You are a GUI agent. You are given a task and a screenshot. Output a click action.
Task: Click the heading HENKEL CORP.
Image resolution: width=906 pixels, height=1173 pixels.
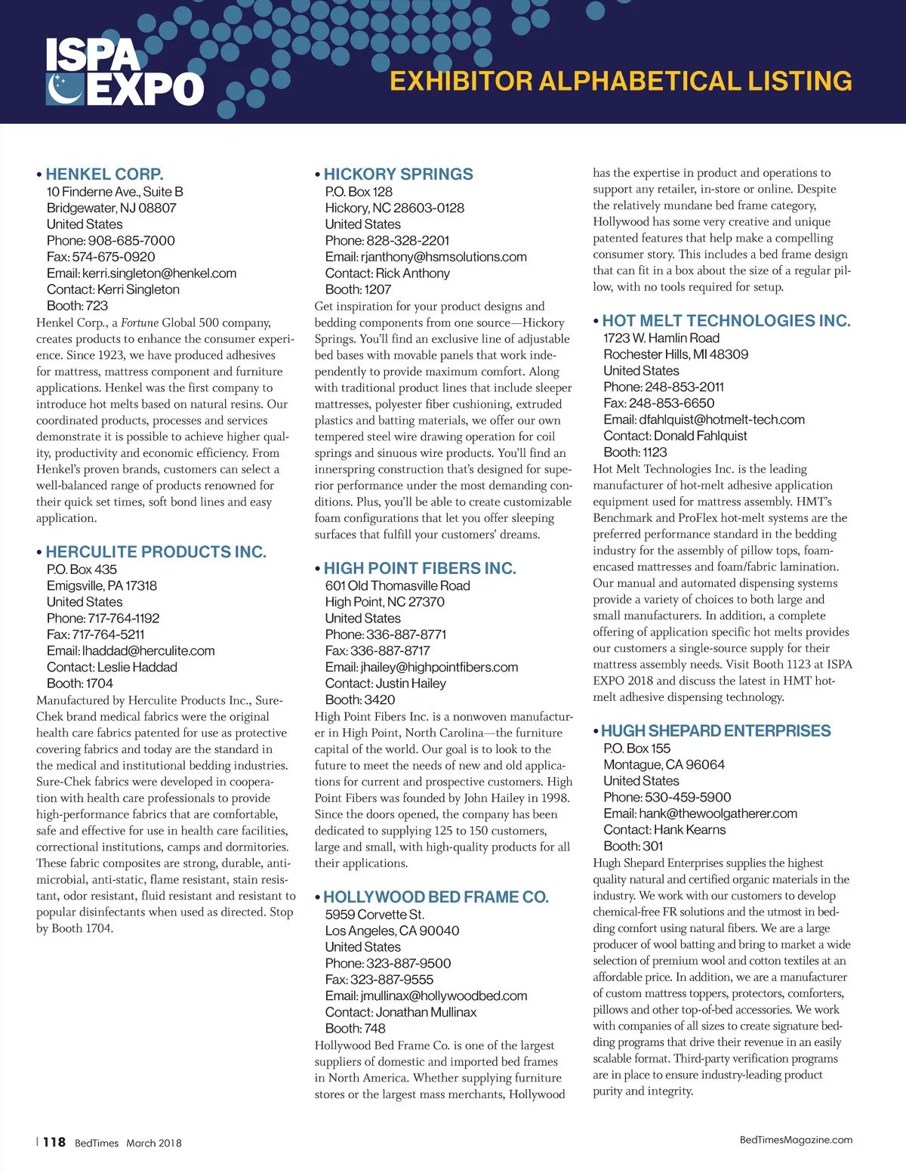[104, 174]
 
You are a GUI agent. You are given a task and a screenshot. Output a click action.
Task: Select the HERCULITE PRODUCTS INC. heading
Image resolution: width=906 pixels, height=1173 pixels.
[156, 552]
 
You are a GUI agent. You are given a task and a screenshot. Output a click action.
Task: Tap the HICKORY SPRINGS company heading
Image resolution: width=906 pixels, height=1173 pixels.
[398, 174]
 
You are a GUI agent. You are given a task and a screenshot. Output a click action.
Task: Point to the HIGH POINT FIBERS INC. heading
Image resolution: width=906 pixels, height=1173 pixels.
[420, 569]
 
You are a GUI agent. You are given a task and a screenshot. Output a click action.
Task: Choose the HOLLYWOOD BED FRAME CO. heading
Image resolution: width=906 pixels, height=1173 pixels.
[436, 897]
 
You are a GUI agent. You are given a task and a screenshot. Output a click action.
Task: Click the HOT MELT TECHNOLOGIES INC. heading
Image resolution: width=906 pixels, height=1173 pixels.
[726, 321]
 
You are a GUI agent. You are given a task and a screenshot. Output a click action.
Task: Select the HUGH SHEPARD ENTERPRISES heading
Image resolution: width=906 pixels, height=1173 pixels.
[716, 731]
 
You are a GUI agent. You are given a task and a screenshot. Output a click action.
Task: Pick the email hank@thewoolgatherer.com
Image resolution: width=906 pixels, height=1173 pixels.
[717, 813]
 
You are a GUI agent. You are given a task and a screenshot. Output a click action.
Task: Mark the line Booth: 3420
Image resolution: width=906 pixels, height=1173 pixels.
[360, 700]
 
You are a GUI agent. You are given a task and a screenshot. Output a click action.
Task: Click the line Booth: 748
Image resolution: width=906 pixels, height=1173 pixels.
[355, 1029]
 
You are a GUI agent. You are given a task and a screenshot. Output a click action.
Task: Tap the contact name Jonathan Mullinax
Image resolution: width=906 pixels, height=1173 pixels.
[426, 1012]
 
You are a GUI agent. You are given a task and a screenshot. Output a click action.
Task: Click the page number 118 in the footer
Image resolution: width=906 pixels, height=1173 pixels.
[54, 1143]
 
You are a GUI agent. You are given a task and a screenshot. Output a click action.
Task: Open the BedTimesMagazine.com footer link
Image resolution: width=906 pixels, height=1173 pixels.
[796, 1140]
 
